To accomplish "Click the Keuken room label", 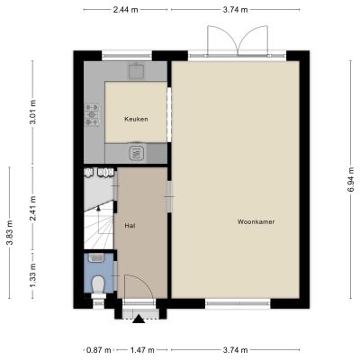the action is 136,119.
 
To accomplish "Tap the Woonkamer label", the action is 256,222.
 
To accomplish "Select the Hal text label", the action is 130,226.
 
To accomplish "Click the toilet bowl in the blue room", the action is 98,284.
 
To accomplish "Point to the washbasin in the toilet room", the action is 96,257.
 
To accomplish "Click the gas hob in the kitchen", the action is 93,114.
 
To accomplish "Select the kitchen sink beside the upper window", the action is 137,71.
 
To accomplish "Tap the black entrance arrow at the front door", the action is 139,319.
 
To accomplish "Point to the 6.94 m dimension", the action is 352,179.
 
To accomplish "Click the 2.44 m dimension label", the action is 125,10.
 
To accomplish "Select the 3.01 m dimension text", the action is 32,112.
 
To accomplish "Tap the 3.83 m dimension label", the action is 10,233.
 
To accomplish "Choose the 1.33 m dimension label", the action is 32,274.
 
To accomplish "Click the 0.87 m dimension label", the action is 99,350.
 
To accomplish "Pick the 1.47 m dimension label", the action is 142,350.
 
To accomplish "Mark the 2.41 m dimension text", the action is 32,208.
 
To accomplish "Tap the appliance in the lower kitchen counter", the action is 137,153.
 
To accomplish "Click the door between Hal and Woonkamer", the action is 169,197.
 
